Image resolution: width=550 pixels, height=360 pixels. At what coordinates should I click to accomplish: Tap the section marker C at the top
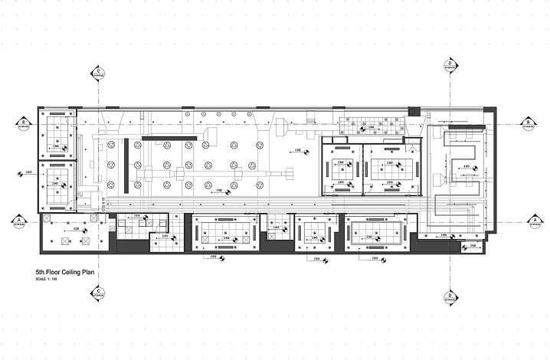pyautogui.click(x=99, y=73)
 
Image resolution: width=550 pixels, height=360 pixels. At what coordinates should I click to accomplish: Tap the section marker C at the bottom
pyautogui.click(x=99, y=292)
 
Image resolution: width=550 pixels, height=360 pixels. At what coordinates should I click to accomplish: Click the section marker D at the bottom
pyautogui.click(x=450, y=295)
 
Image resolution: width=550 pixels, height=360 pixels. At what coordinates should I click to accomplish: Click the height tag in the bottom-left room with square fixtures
pyautogui.click(x=76, y=228)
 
